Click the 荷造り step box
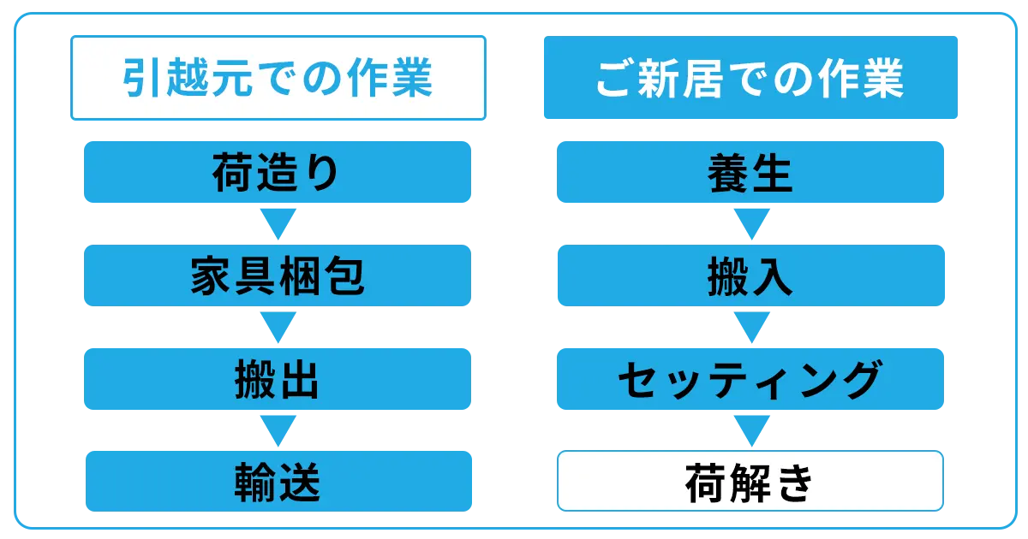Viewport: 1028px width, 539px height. pos(278,172)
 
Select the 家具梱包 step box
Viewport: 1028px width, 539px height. pos(278,275)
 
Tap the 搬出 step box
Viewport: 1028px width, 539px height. pos(278,379)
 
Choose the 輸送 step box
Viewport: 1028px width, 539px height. pos(278,481)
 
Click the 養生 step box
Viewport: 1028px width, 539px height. pos(750,172)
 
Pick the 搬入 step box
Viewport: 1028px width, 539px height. pos(751,275)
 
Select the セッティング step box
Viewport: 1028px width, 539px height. pos(750,379)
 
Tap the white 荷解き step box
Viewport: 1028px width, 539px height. pos(750,481)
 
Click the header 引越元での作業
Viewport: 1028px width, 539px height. pos(278,78)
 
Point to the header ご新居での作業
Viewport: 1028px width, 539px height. pos(750,78)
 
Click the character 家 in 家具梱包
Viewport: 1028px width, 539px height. pos(211,275)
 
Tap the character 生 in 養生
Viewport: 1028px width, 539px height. pos(772,173)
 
